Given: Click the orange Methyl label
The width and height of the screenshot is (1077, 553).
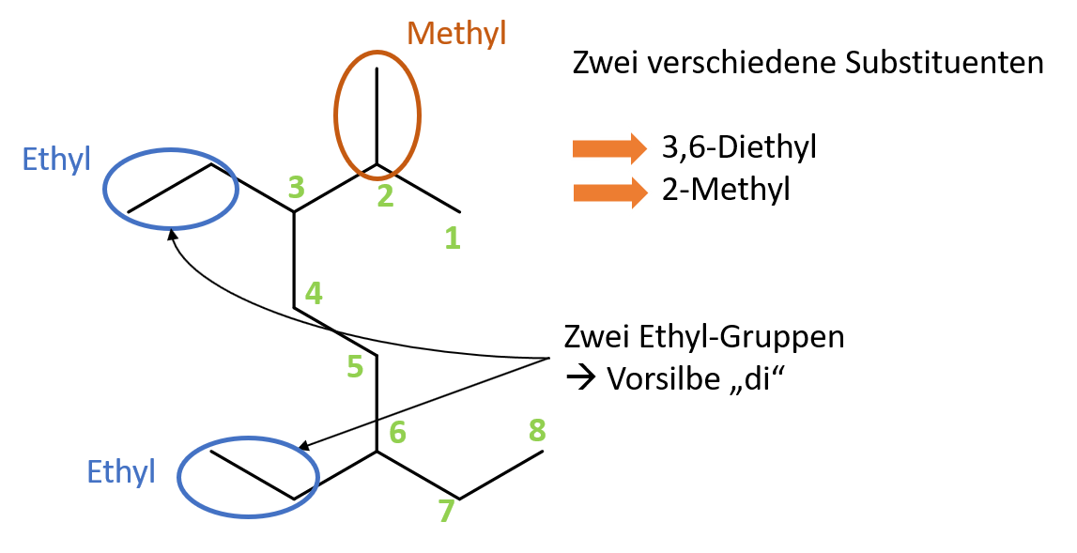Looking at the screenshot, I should (456, 34).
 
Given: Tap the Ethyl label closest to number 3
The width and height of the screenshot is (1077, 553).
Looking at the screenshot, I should (55, 160).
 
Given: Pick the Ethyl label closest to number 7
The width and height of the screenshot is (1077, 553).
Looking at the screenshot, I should (120, 471).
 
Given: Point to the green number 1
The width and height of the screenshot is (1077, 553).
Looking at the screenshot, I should (453, 238).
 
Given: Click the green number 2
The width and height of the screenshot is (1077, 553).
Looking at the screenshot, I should (385, 196).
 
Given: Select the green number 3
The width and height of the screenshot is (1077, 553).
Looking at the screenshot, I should (296, 188).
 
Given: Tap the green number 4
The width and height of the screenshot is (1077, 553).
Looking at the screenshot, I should (314, 294).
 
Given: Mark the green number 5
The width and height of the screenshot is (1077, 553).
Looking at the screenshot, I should (354, 366).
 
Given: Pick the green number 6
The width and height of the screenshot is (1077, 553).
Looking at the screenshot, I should (397, 433).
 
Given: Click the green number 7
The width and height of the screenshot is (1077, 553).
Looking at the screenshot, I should (446, 512).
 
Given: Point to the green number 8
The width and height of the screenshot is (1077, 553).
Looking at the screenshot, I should (537, 430).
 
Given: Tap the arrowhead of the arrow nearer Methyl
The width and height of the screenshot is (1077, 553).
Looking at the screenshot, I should (639, 148).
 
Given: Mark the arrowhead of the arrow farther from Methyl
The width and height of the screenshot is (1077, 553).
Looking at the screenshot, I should (639, 192).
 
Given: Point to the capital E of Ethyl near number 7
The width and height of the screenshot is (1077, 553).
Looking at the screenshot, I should (93, 471).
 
